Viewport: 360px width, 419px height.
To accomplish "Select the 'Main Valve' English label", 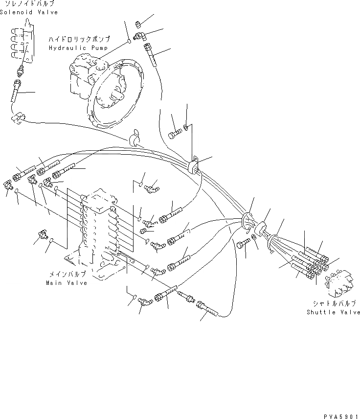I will pos(67,283).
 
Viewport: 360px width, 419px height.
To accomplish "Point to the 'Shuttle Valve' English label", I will pos(333,312).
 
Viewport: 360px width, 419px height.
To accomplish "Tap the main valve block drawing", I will pos(101,230).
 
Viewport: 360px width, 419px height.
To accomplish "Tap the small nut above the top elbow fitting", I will pos(138,23).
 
